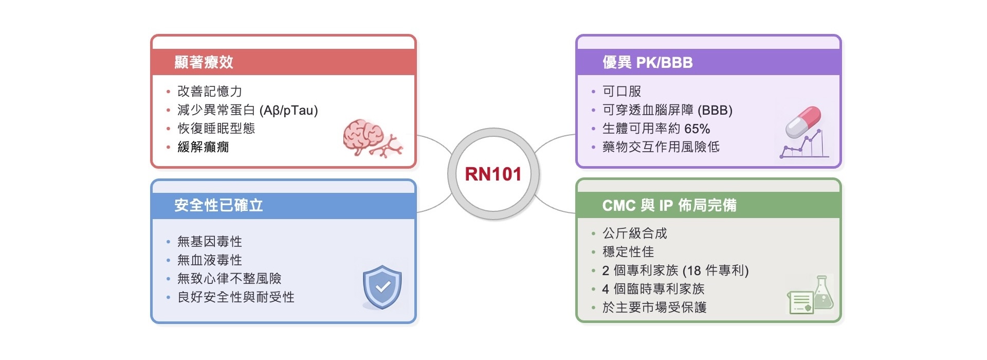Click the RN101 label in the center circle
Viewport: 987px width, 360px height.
click(493, 174)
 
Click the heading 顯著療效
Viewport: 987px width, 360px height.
click(204, 62)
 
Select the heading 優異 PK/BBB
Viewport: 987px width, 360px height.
click(648, 62)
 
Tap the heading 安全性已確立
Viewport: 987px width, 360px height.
click(218, 205)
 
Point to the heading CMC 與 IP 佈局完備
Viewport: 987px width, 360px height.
click(669, 205)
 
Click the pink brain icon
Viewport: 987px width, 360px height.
click(373, 138)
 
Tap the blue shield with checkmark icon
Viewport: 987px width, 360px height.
click(382, 287)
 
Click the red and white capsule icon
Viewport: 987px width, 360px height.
click(803, 122)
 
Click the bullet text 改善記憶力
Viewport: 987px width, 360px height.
click(210, 91)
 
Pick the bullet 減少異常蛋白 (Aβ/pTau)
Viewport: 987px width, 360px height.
click(248, 110)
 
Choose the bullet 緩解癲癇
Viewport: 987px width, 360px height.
click(203, 147)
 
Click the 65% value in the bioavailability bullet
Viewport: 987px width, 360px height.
click(698, 129)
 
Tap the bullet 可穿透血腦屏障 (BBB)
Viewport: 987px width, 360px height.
click(667, 110)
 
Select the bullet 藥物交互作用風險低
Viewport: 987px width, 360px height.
click(661, 147)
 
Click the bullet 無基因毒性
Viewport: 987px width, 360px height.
click(210, 241)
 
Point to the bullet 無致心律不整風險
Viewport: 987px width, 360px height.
click(229, 278)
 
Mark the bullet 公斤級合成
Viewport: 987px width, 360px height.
click(635, 233)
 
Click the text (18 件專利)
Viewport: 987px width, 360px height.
click(716, 271)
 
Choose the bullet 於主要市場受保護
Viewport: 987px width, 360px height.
click(654, 308)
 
